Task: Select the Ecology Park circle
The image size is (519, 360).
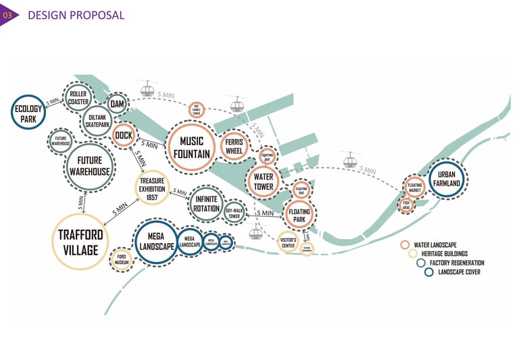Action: [28, 112]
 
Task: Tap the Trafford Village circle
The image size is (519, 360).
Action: [80, 241]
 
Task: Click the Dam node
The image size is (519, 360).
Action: [118, 103]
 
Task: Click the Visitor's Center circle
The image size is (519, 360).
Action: [289, 241]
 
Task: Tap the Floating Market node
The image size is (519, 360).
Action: [415, 186]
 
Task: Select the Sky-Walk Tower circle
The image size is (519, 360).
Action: [234, 213]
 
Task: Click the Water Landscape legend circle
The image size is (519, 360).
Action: [404, 245]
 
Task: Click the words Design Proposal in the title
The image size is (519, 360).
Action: [76, 14]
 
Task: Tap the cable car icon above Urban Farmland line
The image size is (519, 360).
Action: [349, 162]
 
